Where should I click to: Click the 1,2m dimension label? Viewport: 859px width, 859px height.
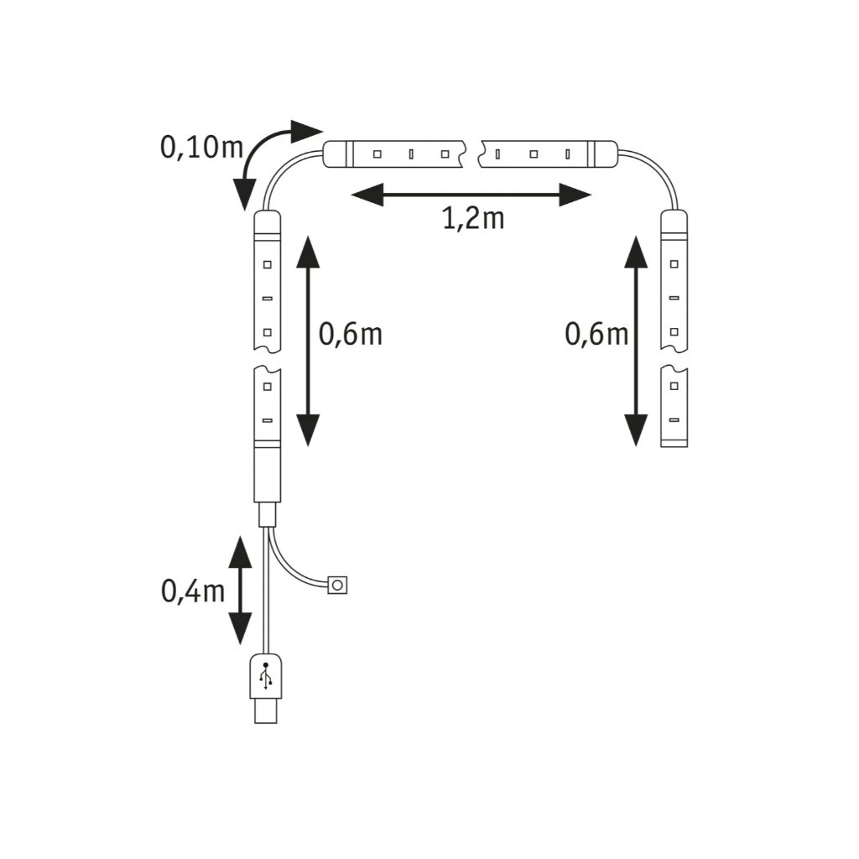click(x=472, y=220)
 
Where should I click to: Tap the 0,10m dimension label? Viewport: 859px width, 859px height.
click(x=201, y=148)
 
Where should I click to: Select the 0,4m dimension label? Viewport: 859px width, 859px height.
click(x=193, y=591)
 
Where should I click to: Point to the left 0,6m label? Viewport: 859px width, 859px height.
click(x=351, y=334)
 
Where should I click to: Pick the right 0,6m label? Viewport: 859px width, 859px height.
click(x=596, y=334)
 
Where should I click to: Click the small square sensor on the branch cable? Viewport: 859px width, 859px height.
click(x=338, y=584)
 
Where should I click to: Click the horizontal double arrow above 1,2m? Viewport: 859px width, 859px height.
click(x=471, y=196)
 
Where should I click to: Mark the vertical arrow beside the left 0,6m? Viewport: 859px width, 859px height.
click(x=308, y=340)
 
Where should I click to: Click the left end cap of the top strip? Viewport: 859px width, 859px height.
click(x=338, y=154)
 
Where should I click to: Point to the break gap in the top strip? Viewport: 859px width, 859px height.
click(x=473, y=154)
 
